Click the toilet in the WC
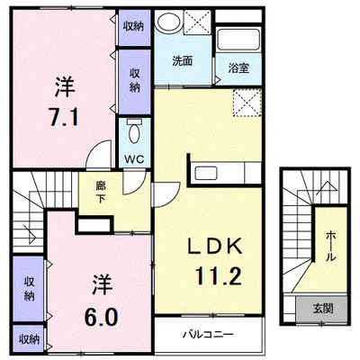coord(134,131)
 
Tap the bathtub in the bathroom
coord(238,40)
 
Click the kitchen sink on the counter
coord(206,173)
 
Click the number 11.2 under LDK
coord(218,275)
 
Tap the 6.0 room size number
coord(101,317)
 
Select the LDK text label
coord(215,246)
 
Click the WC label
coord(134,159)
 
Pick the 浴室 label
coord(238,68)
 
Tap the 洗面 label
coord(182,61)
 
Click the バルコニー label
coord(209,335)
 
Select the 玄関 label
coord(323,308)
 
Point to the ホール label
coord(331,246)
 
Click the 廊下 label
coord(101,193)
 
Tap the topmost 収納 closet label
coord(134,26)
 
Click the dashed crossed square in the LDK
coord(247,103)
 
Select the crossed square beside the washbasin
coord(197,22)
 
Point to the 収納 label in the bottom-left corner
coord(30,339)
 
